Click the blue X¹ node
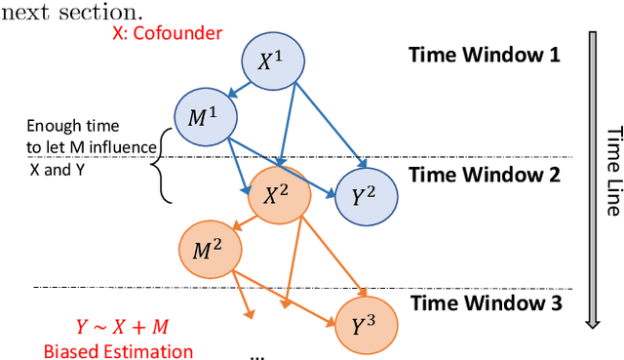[x=270, y=61]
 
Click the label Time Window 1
[x=485, y=54]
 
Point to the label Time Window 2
[x=485, y=176]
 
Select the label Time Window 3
[x=485, y=302]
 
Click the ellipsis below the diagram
[x=256, y=353]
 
